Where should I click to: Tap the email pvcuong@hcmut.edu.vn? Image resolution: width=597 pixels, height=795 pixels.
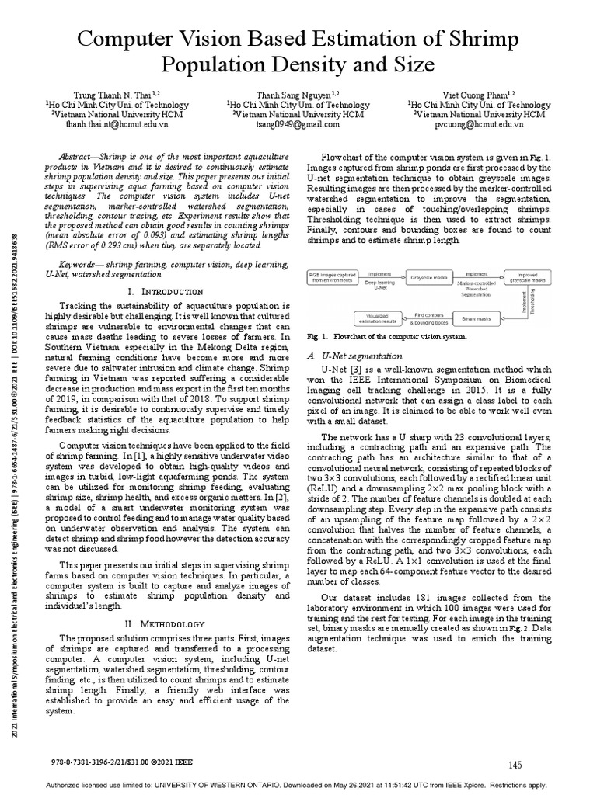tap(468, 123)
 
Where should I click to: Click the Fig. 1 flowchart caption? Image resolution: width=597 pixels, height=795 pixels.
tap(386, 336)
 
